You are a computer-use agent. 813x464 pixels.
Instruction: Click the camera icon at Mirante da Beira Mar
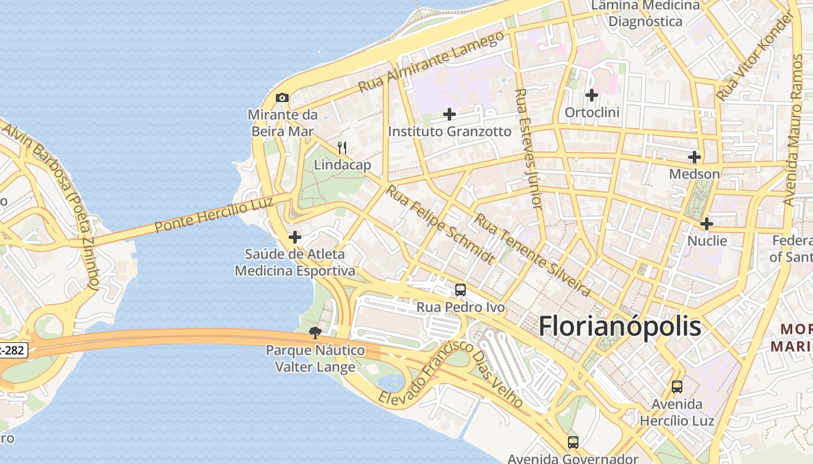point(282,97)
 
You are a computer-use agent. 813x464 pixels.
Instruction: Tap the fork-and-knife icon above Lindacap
point(342,148)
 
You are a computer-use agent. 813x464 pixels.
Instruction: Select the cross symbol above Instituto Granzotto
point(449,114)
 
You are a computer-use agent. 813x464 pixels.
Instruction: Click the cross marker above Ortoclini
point(592,95)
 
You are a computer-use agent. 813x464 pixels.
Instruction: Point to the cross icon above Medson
point(695,157)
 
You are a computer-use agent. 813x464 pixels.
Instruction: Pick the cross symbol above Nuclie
point(707,224)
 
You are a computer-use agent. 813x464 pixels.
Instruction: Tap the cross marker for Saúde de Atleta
point(295,237)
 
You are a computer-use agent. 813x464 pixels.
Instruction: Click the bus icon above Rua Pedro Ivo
point(461,289)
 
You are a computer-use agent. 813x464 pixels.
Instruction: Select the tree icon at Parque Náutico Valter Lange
point(315,333)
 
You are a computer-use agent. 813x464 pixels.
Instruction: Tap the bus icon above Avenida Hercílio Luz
point(677,386)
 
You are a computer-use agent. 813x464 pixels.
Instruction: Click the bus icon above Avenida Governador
point(573,443)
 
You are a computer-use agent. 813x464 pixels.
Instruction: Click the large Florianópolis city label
point(620,327)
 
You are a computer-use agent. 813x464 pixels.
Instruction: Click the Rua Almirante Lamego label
point(431,62)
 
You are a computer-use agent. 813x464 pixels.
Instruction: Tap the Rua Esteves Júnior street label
point(528,149)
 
